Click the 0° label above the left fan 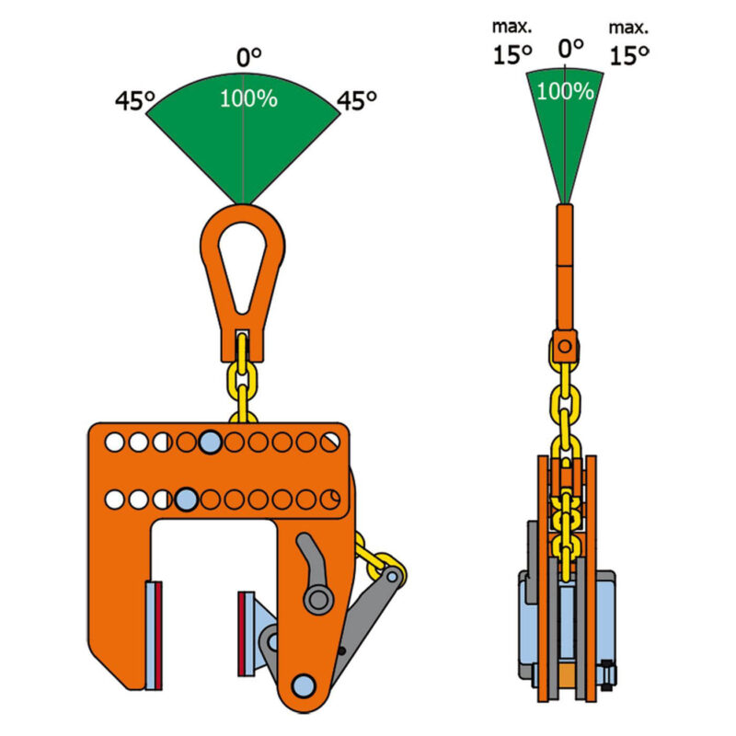248,57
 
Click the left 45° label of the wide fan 135,100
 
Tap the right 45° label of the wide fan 357,100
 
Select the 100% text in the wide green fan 248,98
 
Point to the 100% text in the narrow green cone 565,91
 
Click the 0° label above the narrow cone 570,48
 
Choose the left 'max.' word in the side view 512,27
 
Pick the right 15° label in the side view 629,55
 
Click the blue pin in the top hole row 211,443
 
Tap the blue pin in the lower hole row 187,500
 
